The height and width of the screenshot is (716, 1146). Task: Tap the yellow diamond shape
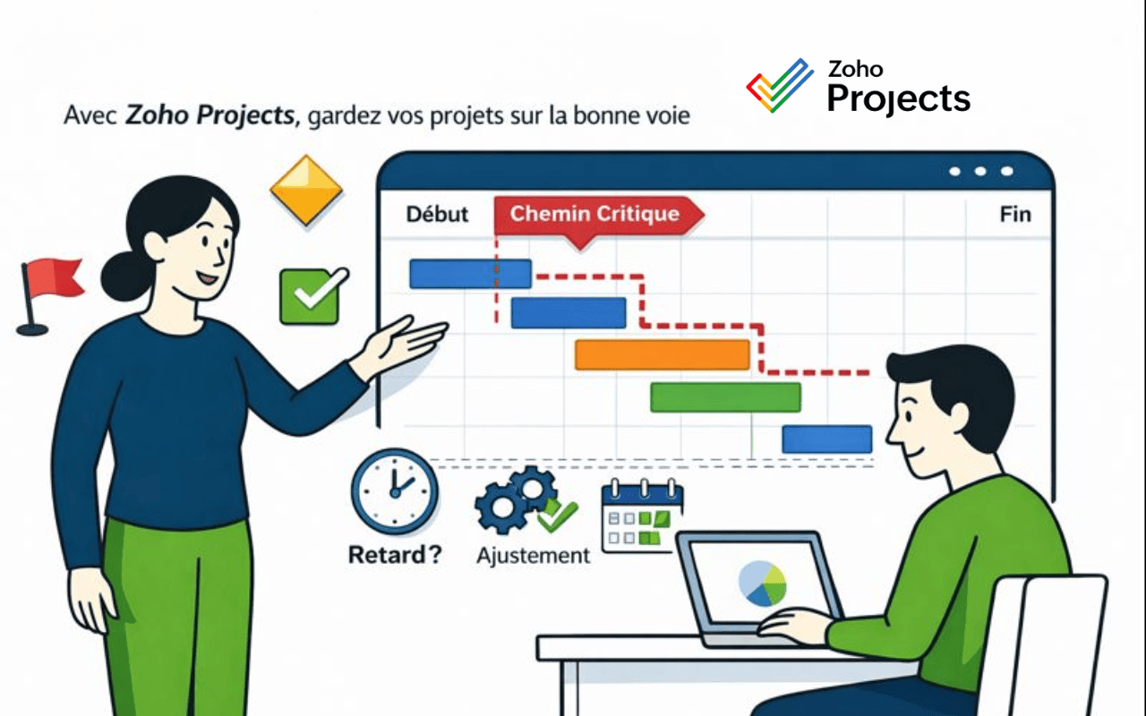pos(307,189)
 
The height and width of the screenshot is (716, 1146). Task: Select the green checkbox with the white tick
pos(310,296)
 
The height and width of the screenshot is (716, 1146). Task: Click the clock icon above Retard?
pos(394,491)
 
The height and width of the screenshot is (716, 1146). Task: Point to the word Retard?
pos(394,554)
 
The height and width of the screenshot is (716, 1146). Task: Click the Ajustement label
pos(533,555)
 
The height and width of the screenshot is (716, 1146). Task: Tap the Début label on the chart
pos(437,215)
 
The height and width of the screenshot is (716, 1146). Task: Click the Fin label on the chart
pos(1014,215)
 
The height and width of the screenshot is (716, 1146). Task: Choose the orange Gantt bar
pos(662,354)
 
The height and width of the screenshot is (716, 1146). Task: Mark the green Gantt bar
pos(725,396)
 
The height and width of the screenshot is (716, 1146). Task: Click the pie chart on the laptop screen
pos(763,583)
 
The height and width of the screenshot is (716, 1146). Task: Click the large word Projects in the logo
pos(898,98)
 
